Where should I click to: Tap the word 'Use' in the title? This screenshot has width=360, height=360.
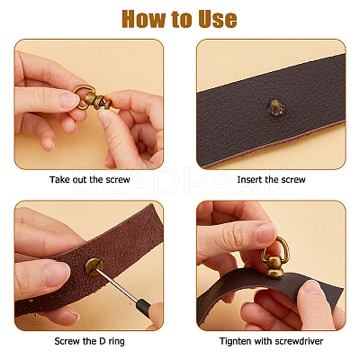218,19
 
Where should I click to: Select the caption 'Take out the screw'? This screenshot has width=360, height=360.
90,180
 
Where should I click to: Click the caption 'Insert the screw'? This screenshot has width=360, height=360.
271,180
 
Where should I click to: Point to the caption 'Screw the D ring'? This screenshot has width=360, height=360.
89,341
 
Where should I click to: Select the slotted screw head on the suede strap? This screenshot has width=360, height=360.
94,266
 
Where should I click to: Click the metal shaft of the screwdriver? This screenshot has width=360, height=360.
116,286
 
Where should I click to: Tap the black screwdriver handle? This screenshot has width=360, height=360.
143,309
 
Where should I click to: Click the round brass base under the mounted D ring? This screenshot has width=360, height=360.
274,269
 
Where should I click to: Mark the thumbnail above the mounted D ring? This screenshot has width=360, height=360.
265,233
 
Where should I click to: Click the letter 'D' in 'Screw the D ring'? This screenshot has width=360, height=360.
102,341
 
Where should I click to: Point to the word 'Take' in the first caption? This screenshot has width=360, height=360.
59,180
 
